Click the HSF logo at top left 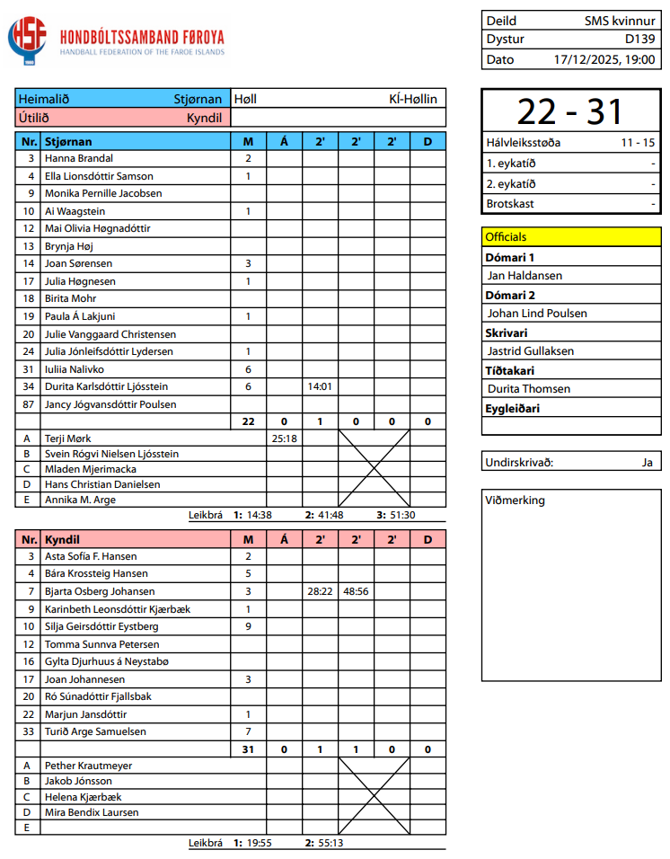29,41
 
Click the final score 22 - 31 570,111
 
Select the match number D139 639,40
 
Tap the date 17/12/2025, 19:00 604,59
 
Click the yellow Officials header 507,237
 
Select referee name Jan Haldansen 525,276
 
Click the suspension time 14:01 320,386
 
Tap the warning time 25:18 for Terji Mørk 284,438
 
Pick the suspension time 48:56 356,591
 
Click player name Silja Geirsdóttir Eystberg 101,626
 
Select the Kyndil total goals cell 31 248,749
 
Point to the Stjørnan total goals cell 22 248,421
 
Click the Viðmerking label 515,500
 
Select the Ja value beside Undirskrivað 647,463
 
